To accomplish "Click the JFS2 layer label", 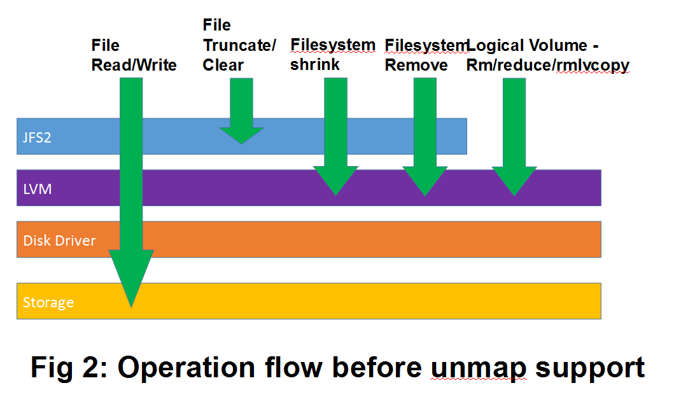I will [x=37, y=137].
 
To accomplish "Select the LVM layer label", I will [x=36, y=188].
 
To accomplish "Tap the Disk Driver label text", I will [x=59, y=240].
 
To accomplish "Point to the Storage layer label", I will [x=48, y=302].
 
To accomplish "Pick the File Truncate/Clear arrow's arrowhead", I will [x=241, y=135].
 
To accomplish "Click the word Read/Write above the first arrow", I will [x=134, y=65].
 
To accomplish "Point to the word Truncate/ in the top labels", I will [x=239, y=45].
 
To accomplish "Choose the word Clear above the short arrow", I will [x=223, y=65].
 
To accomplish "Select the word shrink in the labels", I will [x=315, y=65].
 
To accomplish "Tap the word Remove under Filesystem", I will [x=416, y=65].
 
